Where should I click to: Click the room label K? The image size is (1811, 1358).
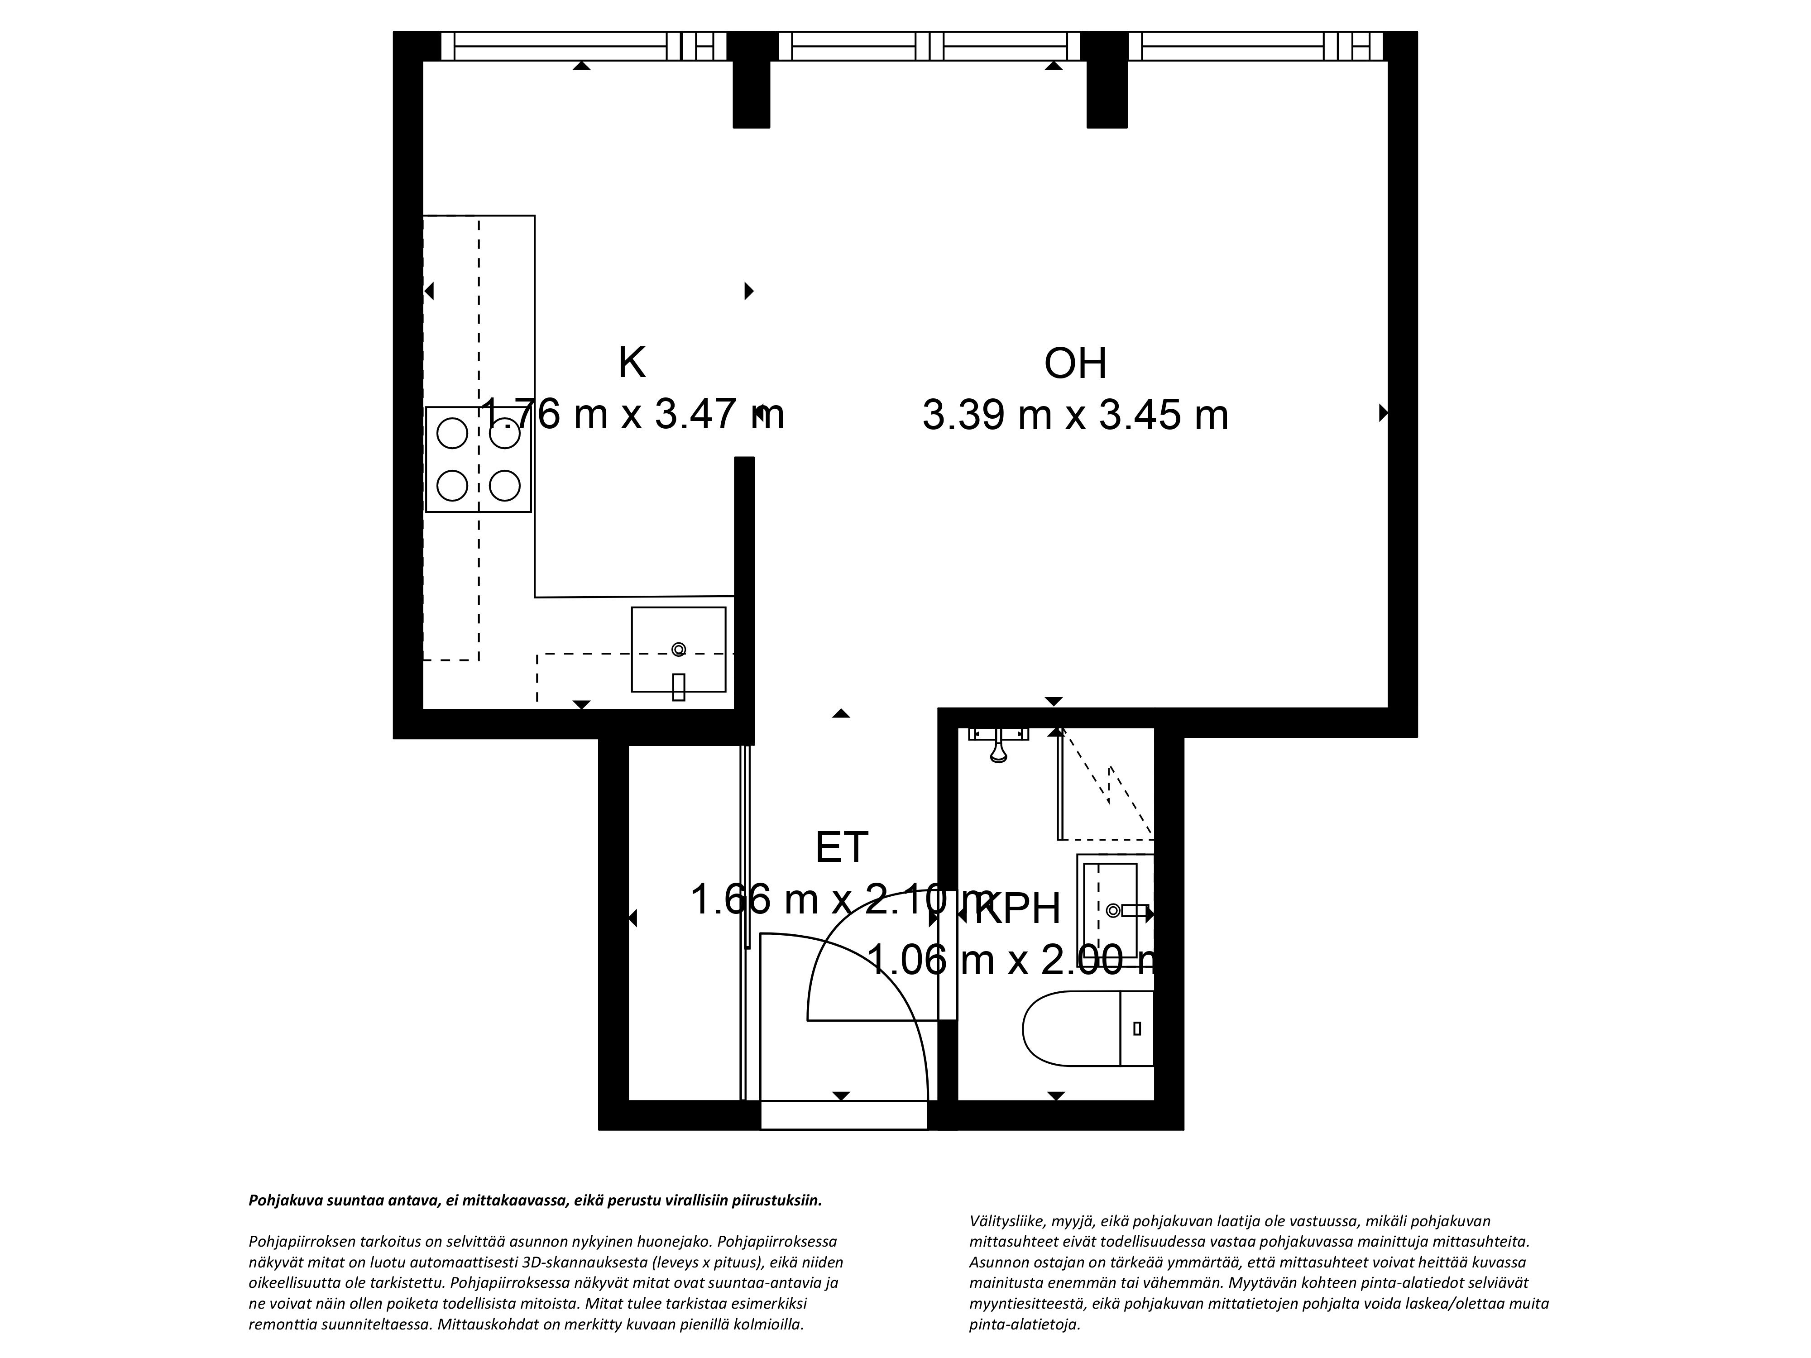click(x=631, y=363)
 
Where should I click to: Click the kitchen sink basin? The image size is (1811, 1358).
click(x=678, y=649)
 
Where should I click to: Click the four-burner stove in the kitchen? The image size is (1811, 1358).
click(x=478, y=459)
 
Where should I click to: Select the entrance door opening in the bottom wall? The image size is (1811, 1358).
click(x=843, y=1115)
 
